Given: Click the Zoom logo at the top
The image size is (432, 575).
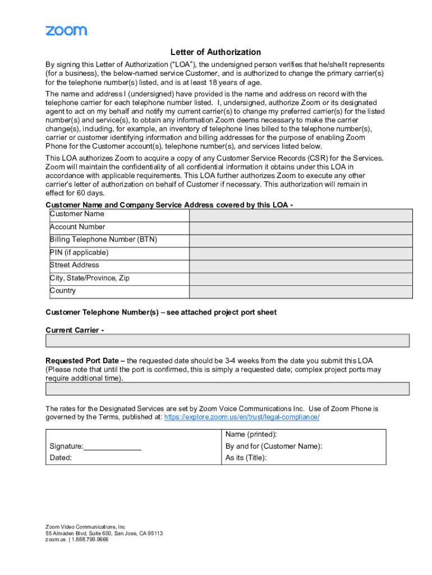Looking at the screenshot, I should pos(66,30).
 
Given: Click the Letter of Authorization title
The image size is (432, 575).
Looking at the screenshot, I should pos(215,52).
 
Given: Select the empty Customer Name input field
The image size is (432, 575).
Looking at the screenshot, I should pos(301,215).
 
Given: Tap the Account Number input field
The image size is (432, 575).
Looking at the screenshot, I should pos(301,228).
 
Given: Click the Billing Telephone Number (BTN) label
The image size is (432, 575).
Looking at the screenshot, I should pos(103,239).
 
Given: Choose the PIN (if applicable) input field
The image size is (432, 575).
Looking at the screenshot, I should pos(301,254).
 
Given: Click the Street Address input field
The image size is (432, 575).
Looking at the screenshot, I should pos(301,266).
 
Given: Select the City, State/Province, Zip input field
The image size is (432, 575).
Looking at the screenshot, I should pos(301,279).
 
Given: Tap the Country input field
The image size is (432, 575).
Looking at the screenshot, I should pos(301,292).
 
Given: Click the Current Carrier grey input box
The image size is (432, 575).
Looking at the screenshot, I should pos(227,341).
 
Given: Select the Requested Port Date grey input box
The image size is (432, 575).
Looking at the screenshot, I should pos(227,389).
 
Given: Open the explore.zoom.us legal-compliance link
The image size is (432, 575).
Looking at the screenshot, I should pos(242,417).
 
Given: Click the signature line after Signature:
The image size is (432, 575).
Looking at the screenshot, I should pos(112,446).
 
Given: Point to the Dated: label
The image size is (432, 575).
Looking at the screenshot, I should pos(61,458).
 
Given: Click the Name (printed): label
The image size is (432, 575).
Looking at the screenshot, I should pos(251,435).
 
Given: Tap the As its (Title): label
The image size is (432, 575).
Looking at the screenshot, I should pos(246,458).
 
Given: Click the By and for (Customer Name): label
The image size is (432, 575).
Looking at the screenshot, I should pos(274,446).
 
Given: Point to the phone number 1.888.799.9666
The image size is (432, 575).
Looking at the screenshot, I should pos(90,540).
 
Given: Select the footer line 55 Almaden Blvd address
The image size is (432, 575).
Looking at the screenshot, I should pos(104,533).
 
